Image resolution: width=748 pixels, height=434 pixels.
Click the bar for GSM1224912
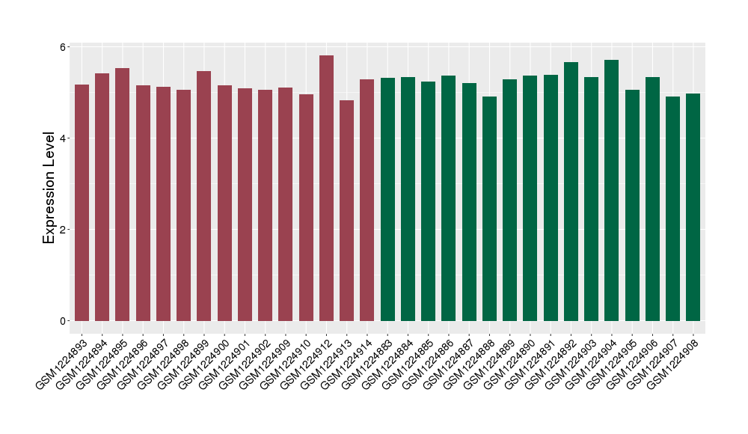[326, 188]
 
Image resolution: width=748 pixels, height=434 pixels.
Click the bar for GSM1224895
[123, 195]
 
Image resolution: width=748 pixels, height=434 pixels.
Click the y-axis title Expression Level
[49, 188]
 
